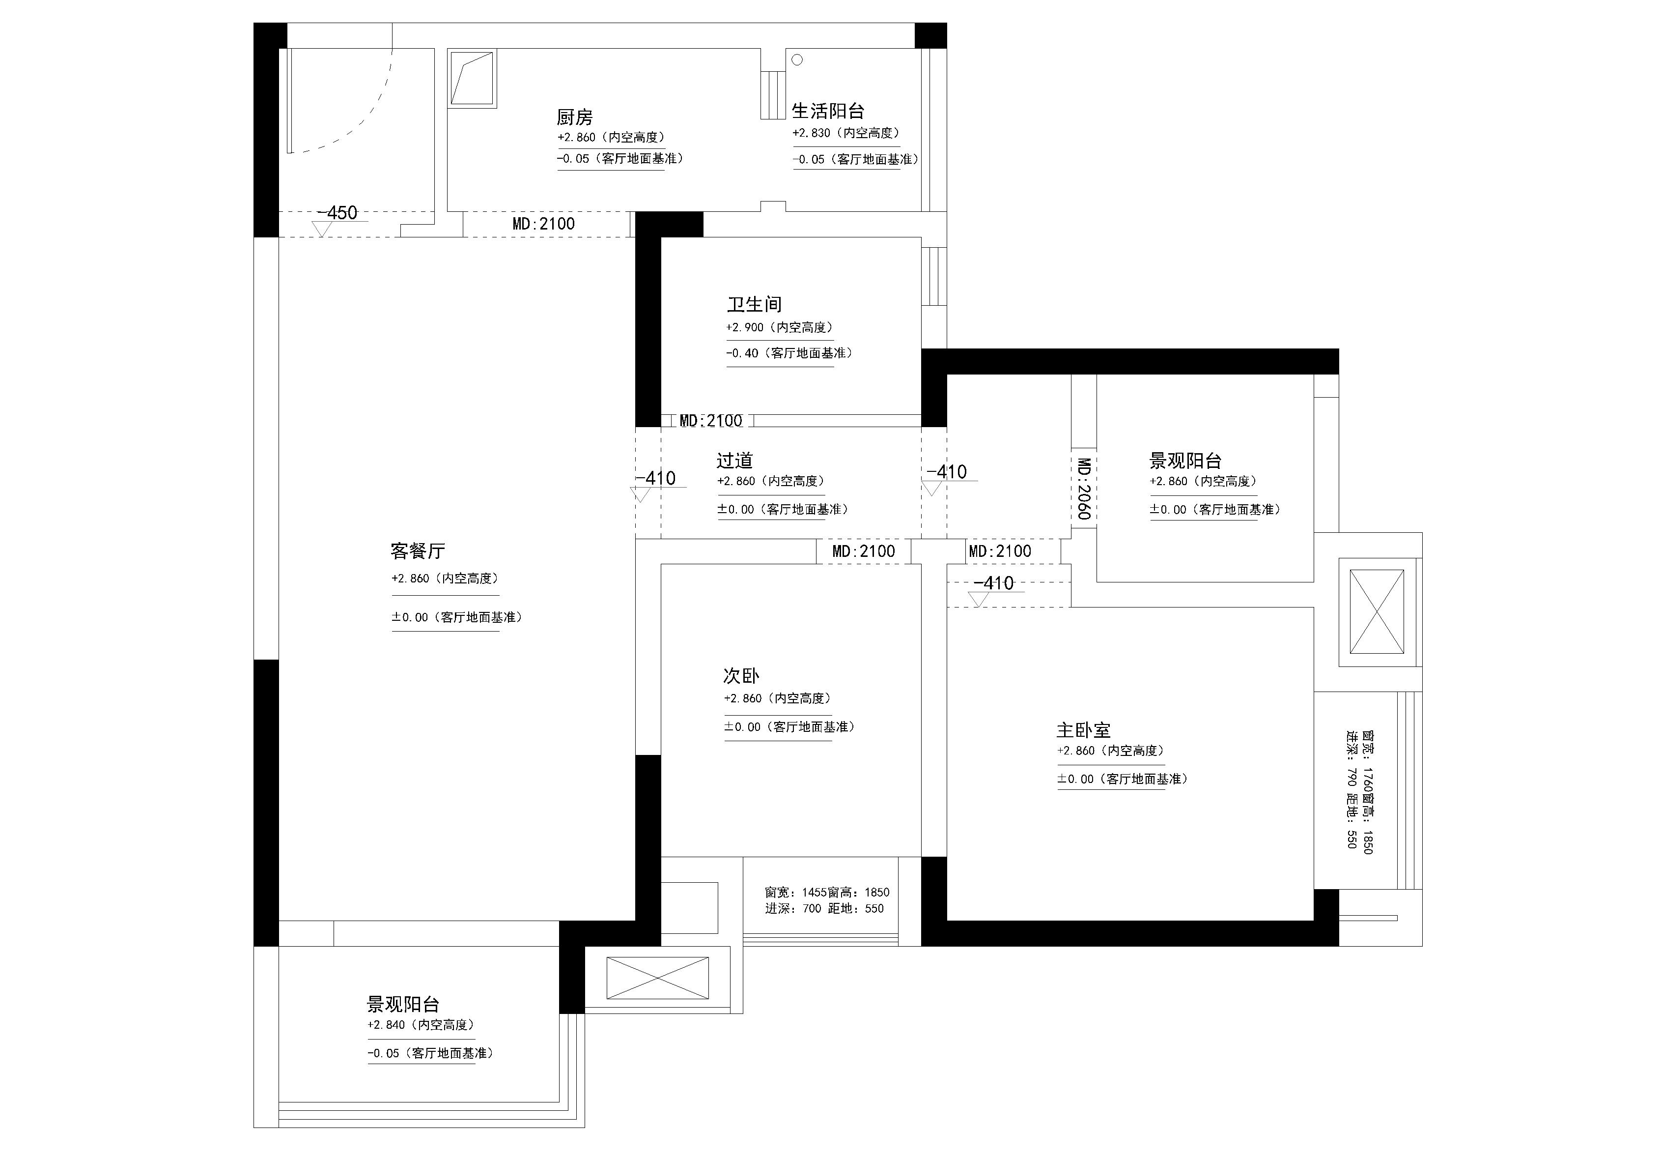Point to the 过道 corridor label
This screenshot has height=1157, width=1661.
point(734,460)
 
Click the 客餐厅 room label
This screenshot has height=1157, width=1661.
point(418,551)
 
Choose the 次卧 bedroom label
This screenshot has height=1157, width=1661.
point(741,676)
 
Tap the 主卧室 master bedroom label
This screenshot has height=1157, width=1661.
point(1083,730)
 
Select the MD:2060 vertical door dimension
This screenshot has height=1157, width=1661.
point(1084,489)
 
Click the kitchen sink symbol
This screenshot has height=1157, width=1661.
point(472,78)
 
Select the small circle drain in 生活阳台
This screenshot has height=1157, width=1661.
point(797,60)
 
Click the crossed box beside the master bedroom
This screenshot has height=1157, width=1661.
point(1376,611)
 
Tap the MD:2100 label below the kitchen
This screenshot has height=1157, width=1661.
point(543,224)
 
